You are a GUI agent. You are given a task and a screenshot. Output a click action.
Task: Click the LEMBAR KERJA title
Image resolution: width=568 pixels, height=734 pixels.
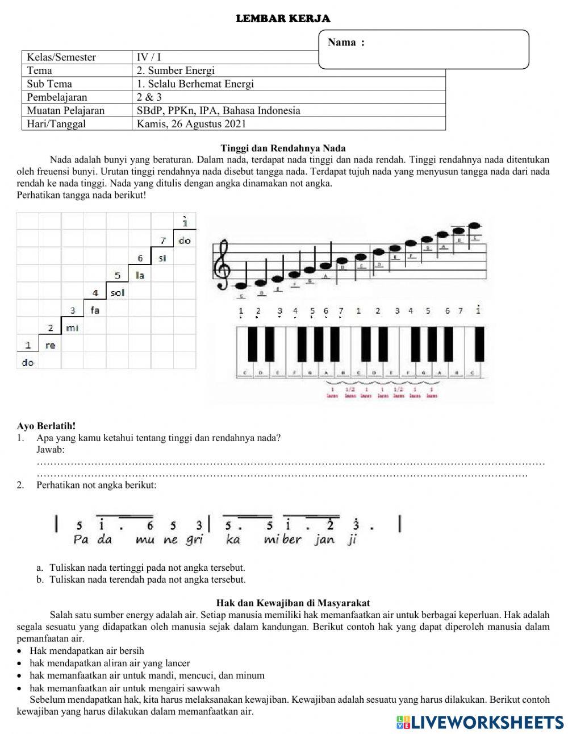tap(283, 19)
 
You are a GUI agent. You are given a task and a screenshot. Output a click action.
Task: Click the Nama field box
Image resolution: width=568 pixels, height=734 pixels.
tap(424, 49)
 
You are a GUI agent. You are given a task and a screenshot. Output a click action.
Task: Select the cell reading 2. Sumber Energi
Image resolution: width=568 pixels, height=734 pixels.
tap(176, 71)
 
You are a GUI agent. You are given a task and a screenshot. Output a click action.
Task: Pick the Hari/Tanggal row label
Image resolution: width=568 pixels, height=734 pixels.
tap(56, 123)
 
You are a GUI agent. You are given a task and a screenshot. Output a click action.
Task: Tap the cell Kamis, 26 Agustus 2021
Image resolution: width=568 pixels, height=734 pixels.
tap(191, 123)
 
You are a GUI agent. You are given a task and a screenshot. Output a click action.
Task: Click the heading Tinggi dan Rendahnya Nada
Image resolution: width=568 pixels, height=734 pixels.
tap(283, 148)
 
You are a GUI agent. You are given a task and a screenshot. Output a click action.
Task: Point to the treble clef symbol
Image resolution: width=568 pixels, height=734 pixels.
tap(222, 264)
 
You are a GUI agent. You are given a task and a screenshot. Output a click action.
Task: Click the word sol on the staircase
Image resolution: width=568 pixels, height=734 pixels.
tap(117, 293)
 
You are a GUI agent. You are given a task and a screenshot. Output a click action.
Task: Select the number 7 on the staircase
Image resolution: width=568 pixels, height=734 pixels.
tap(163, 240)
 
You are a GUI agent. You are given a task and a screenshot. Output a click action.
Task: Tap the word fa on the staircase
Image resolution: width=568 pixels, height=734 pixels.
tap(94, 310)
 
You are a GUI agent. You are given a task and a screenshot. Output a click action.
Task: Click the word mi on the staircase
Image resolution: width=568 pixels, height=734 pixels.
tap(72, 328)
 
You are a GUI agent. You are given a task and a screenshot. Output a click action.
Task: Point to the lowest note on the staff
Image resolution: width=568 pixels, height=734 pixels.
tap(241, 285)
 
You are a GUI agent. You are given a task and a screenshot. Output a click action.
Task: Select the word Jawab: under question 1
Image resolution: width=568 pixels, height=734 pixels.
tap(51, 450)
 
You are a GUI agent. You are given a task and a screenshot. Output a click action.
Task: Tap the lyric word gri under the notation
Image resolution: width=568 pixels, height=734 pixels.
tap(194, 540)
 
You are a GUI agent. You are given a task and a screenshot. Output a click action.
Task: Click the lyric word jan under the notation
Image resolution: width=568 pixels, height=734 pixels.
tap(324, 540)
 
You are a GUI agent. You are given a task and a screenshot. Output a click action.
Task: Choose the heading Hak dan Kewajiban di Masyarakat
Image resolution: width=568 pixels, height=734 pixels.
tap(293, 603)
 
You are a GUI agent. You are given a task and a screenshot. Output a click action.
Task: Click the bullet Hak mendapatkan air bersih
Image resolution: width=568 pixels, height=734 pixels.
tap(87, 650)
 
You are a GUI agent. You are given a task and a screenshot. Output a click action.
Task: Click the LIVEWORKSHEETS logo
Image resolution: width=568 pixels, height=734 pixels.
tap(480, 722)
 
